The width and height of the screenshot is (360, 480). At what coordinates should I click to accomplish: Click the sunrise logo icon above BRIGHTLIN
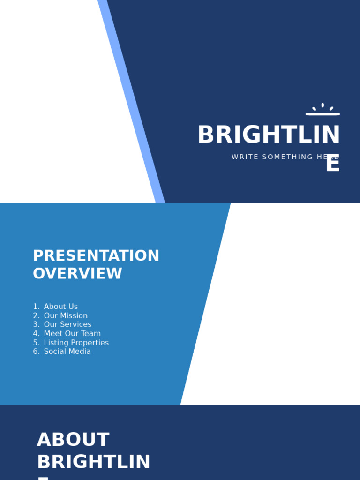pyautogui.click(x=322, y=110)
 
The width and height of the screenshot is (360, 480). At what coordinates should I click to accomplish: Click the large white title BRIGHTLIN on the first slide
pyautogui.click(x=269, y=135)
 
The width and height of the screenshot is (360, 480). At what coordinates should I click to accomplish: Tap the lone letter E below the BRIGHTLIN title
pyautogui.click(x=332, y=164)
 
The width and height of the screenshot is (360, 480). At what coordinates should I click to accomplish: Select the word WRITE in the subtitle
pyautogui.click(x=245, y=157)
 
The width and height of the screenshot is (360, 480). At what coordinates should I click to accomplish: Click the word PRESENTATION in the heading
pyautogui.click(x=96, y=256)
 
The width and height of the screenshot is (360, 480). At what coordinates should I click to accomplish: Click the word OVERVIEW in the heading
pyautogui.click(x=77, y=274)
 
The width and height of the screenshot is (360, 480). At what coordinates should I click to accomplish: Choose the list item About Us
pyautogui.click(x=61, y=307)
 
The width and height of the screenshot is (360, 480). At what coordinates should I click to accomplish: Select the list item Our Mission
pyautogui.click(x=66, y=316)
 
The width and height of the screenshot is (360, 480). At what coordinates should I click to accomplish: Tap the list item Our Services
pyautogui.click(x=67, y=324)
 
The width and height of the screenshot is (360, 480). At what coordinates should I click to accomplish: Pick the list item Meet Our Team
pyautogui.click(x=72, y=334)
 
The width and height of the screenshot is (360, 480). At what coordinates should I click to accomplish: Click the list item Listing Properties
pyautogui.click(x=76, y=343)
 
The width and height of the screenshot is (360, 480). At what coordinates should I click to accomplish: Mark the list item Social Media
pyautogui.click(x=67, y=352)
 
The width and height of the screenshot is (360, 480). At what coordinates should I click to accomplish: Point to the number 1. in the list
pyautogui.click(x=36, y=307)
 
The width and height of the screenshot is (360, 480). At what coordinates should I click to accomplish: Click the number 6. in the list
pyautogui.click(x=36, y=352)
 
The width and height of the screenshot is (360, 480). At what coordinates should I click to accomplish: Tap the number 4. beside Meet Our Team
pyautogui.click(x=36, y=334)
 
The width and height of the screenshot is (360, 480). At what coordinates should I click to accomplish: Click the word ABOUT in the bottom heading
pyautogui.click(x=73, y=440)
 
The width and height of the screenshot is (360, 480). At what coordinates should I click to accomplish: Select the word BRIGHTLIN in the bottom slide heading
pyautogui.click(x=94, y=462)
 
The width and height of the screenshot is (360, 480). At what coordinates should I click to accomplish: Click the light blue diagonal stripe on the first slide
pyautogui.click(x=131, y=101)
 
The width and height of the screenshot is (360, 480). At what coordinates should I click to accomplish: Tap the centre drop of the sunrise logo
pyautogui.click(x=322, y=105)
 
